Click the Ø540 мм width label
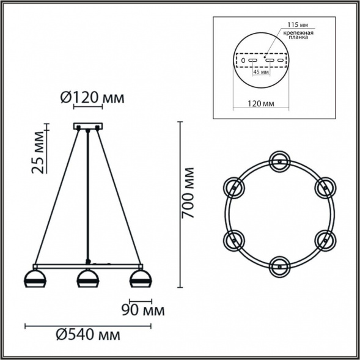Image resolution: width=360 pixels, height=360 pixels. (88, 335)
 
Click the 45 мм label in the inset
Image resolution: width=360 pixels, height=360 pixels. (260, 72)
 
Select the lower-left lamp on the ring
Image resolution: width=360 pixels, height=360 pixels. (234, 239)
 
